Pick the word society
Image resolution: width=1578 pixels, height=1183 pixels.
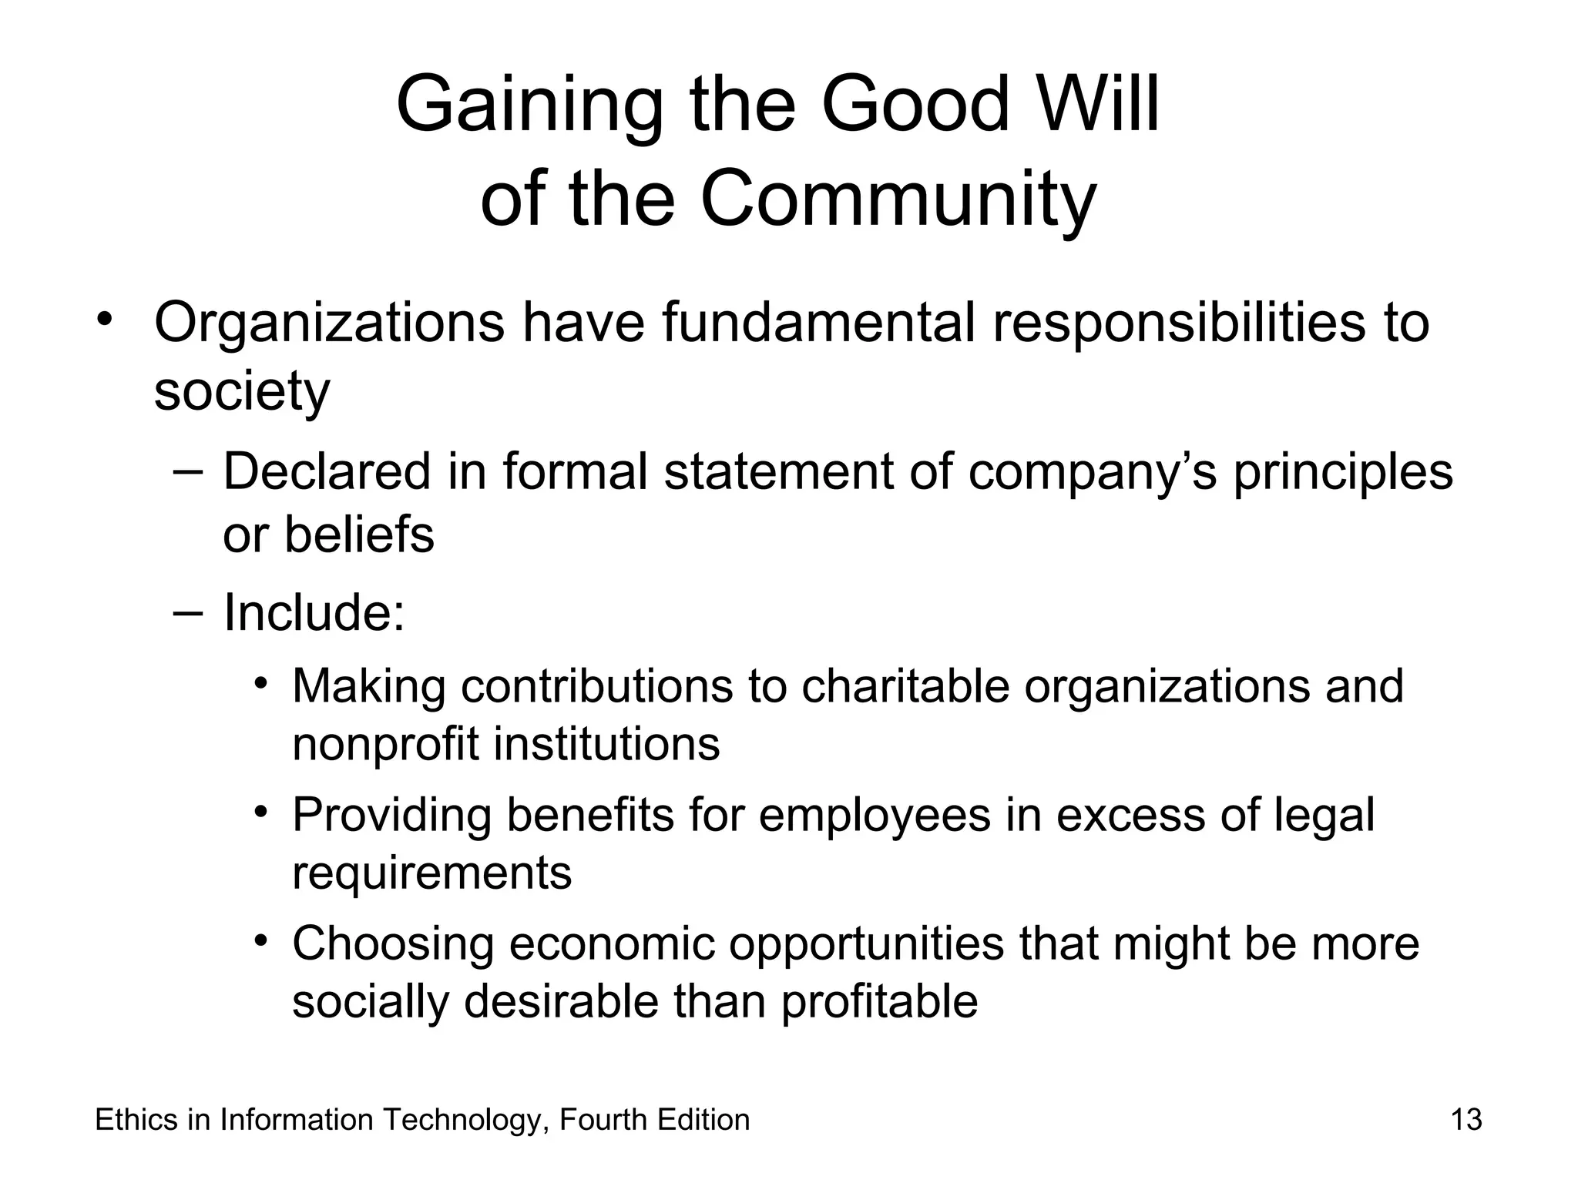pos(242,391)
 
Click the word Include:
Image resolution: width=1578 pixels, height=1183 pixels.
pos(314,612)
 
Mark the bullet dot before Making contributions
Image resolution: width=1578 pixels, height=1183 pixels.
pos(262,682)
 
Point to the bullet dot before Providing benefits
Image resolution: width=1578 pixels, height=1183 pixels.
pos(262,812)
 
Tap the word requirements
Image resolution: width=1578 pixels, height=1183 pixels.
pos(431,873)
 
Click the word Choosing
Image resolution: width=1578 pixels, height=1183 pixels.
pos(392,944)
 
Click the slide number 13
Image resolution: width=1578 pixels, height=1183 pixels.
pos(1466,1120)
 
